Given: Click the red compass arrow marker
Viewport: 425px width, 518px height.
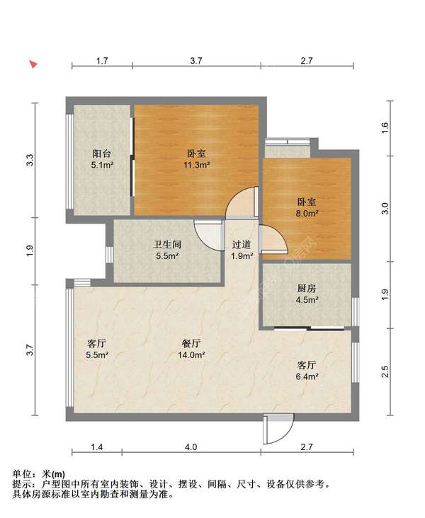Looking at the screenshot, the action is (x=33, y=64).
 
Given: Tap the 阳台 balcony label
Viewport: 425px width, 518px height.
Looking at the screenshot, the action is (x=102, y=154).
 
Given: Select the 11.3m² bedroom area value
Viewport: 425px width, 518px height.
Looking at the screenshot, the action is (x=197, y=165).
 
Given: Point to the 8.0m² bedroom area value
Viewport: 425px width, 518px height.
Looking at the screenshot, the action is (x=307, y=214).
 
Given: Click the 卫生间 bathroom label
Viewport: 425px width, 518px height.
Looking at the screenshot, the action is (x=167, y=244).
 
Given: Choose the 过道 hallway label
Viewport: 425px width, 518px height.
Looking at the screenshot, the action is (x=241, y=244).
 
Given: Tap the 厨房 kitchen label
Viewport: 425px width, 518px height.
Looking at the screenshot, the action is (x=307, y=289).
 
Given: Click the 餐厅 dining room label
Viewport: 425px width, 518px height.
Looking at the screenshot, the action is (x=191, y=344).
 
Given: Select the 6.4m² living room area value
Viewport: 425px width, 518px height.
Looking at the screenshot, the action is (x=307, y=376).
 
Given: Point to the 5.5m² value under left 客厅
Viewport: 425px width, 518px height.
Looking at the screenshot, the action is (x=97, y=355).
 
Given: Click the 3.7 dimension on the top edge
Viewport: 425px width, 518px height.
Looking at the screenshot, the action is (x=196, y=61).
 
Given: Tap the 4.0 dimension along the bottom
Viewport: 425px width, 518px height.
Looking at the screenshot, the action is (x=191, y=447).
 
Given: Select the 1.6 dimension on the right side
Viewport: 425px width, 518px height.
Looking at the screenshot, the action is (x=385, y=127).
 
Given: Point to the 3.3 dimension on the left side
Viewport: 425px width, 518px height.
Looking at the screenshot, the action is (x=30, y=160).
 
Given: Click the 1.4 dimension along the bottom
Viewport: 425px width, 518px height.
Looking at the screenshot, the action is (x=97, y=447).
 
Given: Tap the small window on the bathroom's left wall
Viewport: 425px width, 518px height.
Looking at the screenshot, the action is (x=110, y=255).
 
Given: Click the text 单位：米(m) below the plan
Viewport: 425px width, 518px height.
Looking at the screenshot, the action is (x=39, y=474).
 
